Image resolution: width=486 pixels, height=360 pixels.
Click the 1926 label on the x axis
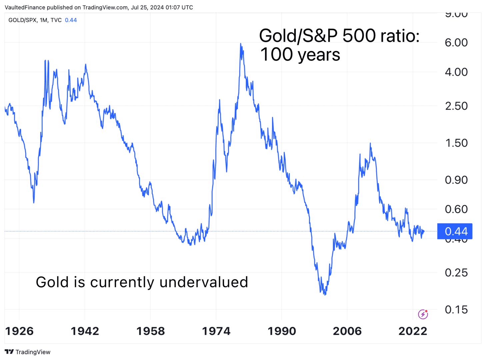(x=19, y=331)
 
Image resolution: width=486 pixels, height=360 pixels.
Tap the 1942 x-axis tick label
(x=85, y=331)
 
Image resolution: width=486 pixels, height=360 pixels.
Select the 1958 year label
(x=151, y=331)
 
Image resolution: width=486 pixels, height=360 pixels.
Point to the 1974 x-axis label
(x=216, y=331)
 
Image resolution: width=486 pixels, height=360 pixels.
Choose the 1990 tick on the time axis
(x=282, y=331)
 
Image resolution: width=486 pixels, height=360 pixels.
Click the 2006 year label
(x=347, y=331)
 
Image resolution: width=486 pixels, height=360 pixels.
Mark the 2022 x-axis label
(x=413, y=331)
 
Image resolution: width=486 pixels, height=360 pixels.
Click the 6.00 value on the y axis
(x=456, y=43)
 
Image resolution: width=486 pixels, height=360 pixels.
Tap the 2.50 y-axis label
(x=456, y=106)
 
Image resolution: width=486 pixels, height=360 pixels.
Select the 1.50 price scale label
(x=456, y=143)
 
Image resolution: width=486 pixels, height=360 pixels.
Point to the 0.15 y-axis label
(x=456, y=310)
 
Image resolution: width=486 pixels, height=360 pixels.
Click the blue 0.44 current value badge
(x=455, y=231)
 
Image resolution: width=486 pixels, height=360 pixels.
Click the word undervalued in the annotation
(x=204, y=282)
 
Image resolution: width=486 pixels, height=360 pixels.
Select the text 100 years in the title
(x=300, y=55)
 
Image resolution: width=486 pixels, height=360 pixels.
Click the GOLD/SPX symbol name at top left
(x=22, y=20)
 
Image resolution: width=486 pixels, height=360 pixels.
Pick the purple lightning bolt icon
(x=423, y=314)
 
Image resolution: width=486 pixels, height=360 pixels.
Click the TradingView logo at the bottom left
(x=28, y=352)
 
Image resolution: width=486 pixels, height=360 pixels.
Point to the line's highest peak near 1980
(x=241, y=44)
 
